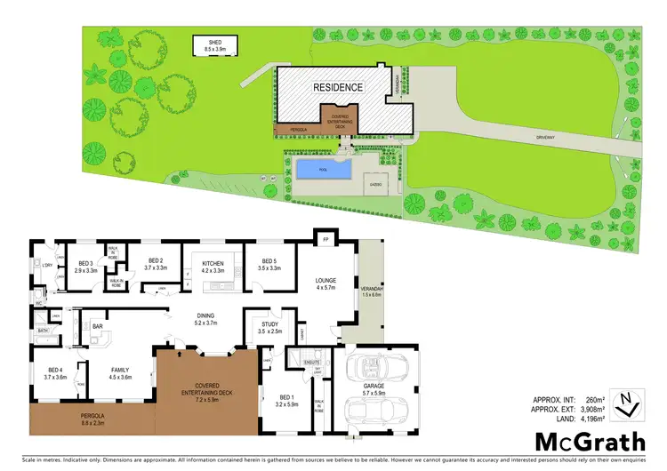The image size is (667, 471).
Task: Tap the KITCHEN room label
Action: click(213, 264)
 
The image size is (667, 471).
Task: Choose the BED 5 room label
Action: click(269, 264)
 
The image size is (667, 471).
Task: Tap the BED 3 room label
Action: click(85, 264)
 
